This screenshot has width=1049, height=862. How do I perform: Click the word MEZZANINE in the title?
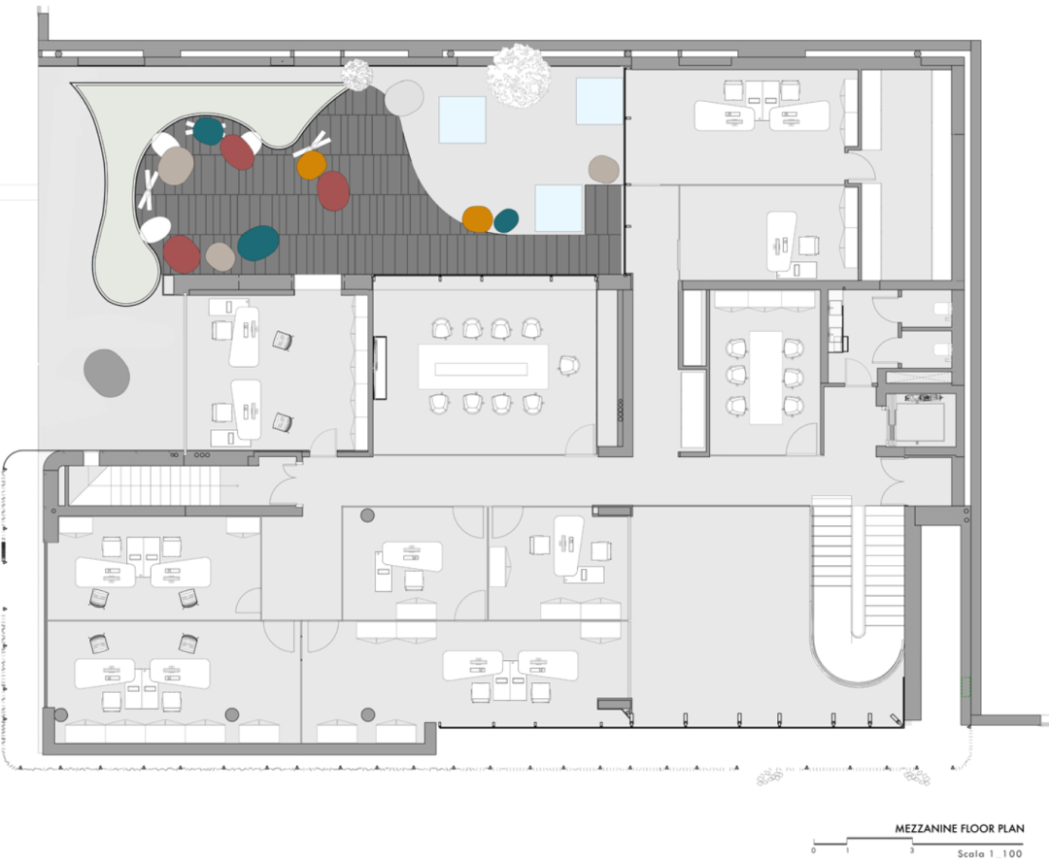[928, 829]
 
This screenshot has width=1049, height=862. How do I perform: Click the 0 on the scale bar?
[814, 850]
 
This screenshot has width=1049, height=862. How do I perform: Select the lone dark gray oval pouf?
[107, 372]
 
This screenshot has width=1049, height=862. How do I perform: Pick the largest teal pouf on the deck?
[258, 243]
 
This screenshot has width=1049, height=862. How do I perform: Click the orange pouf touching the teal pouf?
[477, 218]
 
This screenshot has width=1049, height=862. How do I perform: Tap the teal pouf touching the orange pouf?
[506, 220]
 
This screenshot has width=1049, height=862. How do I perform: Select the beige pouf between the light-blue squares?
[603, 169]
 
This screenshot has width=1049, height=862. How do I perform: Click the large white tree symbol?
[519, 74]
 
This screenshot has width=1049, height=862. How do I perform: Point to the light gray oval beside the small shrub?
[404, 96]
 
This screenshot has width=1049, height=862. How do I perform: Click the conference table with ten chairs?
[483, 367]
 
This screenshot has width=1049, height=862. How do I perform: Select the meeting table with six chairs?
[765, 376]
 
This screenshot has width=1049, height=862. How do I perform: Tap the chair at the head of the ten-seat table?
[567, 365]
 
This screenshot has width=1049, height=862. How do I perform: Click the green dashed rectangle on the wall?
[964, 686]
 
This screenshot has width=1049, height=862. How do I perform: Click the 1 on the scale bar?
[847, 850]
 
